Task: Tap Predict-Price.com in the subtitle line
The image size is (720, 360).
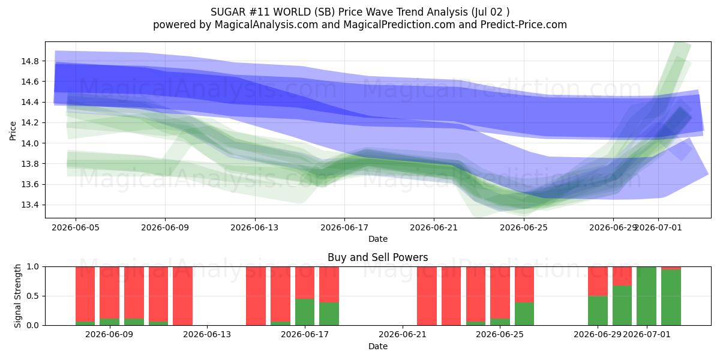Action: [524, 25]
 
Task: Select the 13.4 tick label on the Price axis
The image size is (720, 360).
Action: [29, 205]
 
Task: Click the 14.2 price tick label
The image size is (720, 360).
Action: [29, 123]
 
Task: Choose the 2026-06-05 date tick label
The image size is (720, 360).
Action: [76, 227]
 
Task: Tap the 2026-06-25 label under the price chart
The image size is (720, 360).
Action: [524, 227]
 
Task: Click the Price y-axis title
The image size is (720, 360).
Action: [13, 131]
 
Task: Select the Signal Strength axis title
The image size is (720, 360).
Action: [17, 296]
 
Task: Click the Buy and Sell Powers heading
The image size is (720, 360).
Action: [377, 257]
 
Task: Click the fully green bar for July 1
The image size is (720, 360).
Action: [646, 296]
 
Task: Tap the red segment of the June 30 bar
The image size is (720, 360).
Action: [622, 276]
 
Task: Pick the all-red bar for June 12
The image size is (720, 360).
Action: [182, 296]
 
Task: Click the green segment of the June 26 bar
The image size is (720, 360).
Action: [524, 314]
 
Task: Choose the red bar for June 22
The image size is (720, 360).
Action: [427, 296]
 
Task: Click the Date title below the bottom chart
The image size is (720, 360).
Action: [377, 346]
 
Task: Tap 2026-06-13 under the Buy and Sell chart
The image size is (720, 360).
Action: [207, 335]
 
